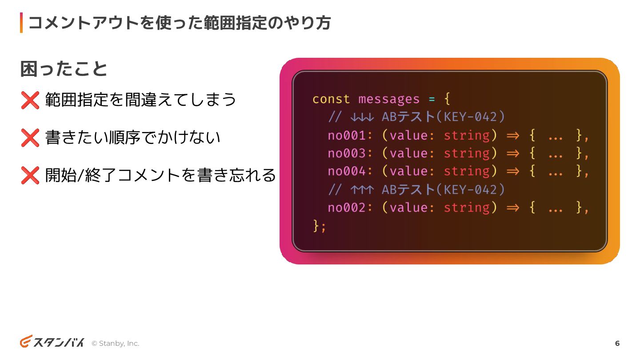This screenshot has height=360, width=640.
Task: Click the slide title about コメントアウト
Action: point(180,23)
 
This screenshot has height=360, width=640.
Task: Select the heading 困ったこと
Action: point(64,69)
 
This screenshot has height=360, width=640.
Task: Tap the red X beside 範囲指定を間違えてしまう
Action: point(30,100)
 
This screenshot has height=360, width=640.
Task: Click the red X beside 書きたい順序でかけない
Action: point(30,138)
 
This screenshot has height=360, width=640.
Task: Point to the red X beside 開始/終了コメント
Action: point(30,176)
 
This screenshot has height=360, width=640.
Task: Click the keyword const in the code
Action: point(331,99)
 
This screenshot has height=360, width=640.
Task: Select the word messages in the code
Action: point(389,99)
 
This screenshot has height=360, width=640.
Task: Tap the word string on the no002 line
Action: point(467,208)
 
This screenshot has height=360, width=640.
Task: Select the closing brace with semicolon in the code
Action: point(320,226)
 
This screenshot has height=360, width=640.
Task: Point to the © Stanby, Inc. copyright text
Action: point(115,344)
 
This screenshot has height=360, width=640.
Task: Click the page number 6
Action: point(617,344)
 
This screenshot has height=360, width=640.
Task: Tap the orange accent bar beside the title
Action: point(21,23)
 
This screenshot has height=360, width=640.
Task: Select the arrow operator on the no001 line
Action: point(513,135)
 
